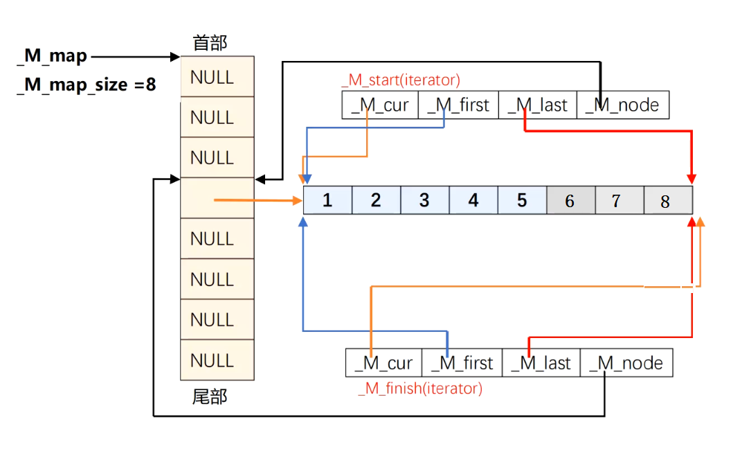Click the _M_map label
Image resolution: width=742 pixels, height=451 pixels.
click(52, 57)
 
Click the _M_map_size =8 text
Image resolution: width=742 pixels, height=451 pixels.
click(87, 85)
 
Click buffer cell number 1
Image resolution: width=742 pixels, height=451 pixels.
click(327, 200)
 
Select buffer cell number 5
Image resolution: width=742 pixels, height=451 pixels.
click(522, 200)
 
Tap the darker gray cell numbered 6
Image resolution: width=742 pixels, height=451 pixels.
click(570, 200)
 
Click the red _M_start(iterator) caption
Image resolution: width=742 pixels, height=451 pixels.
click(401, 80)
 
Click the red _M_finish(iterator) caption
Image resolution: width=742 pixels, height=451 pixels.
click(419, 388)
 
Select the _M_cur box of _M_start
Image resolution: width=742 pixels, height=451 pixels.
click(380, 105)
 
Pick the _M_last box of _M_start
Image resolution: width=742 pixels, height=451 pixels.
click(537, 105)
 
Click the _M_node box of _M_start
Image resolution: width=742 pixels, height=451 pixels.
click(622, 105)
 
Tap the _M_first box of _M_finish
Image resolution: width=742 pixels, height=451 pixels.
click(462, 362)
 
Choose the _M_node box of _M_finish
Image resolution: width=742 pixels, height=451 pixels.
click(626, 362)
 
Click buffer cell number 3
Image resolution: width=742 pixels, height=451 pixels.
click(424, 200)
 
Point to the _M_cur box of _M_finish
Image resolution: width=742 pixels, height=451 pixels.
click(383, 362)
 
